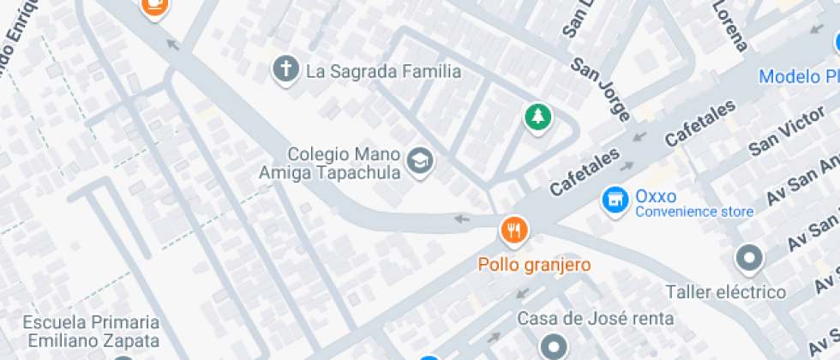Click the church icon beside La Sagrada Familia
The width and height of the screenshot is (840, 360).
coord(285,70)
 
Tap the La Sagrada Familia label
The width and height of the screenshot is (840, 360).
coord(383,71)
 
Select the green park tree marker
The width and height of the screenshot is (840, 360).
coord(537,117)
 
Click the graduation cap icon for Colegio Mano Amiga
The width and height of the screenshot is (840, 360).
coord(420,159)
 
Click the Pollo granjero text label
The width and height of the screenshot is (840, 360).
coord(535,265)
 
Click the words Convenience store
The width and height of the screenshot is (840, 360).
coord(694,212)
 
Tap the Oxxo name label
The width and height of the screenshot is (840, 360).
coord(656,196)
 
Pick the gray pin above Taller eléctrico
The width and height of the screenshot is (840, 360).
coord(749,259)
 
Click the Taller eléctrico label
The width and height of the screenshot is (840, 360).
coord(726,292)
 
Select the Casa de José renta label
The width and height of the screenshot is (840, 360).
coord(596,319)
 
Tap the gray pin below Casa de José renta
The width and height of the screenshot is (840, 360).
coord(554,346)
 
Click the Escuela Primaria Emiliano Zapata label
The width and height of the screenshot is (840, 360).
coord(92,330)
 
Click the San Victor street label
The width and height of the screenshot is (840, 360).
coord(781,134)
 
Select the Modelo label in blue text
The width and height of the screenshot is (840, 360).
coord(797,76)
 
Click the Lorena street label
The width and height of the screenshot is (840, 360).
coord(731,26)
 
